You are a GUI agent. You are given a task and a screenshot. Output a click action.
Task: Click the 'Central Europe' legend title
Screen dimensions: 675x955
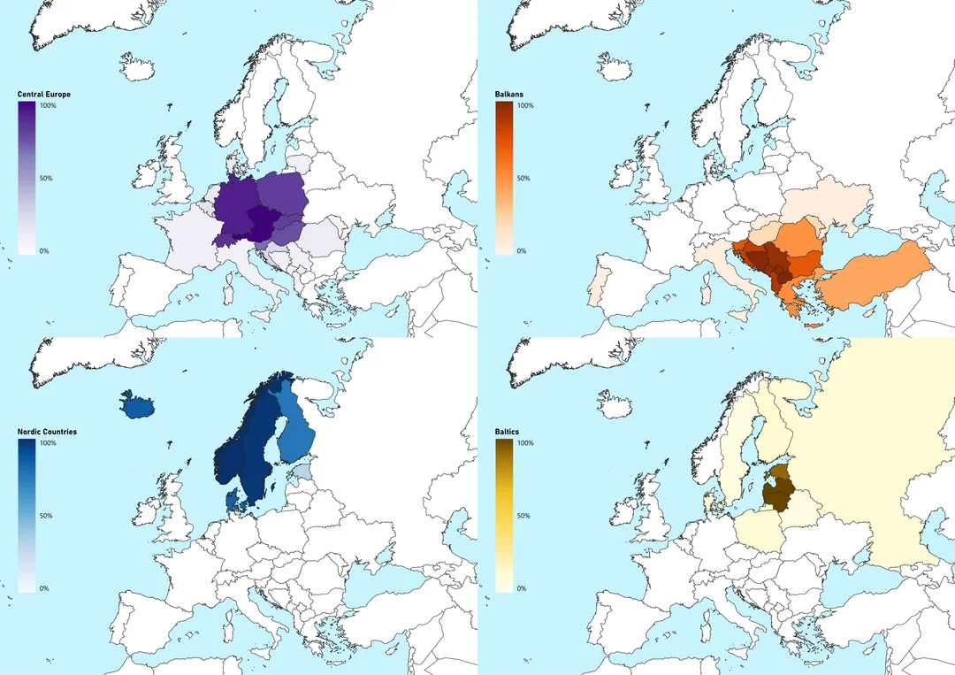[x=44, y=95]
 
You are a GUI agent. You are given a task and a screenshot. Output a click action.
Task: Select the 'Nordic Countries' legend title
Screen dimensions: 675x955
[x=47, y=432]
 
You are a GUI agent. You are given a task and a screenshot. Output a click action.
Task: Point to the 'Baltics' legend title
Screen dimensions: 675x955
[x=508, y=432]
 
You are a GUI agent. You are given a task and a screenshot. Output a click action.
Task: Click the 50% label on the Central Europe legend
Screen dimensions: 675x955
[x=46, y=179]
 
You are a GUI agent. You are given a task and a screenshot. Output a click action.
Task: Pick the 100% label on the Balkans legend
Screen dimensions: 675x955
[x=525, y=106]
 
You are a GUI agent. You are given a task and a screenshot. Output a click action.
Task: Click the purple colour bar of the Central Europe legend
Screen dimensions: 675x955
[x=27, y=177]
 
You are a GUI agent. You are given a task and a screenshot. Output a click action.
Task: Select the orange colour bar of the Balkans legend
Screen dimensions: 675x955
[x=504, y=177]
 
